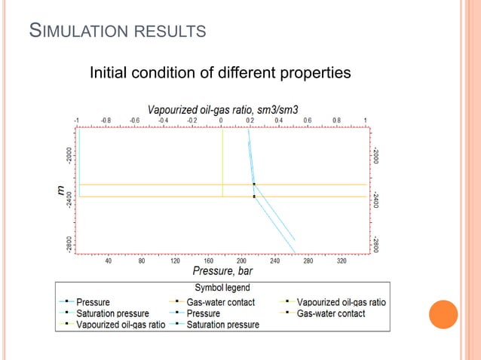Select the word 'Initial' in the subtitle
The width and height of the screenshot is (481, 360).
pos(109,74)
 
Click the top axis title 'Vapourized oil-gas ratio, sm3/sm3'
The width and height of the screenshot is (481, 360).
pos(222,107)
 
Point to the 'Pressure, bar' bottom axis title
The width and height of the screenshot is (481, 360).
pos(222,272)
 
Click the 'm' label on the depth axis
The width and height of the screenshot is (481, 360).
pos(61,191)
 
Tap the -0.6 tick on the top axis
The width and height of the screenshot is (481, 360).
pos(133,120)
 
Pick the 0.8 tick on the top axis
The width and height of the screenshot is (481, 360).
pos(335,120)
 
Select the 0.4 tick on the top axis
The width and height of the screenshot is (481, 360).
pos(278,120)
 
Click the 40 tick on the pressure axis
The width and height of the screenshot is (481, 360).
pos(108,261)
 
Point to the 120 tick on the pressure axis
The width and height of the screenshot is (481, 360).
pos(174,261)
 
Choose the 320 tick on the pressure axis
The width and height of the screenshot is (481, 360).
pos(342,261)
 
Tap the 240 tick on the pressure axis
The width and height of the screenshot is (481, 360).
pos(274,261)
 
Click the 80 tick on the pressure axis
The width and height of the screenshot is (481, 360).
pos(141,261)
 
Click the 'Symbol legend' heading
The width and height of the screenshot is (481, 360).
pos(222,288)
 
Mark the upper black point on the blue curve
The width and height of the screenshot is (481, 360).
pos(254,184)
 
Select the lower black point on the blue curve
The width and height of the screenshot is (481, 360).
pos(254,197)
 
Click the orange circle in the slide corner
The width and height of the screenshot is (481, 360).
pos(443,315)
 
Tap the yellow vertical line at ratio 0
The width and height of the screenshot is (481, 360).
pos(222,158)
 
